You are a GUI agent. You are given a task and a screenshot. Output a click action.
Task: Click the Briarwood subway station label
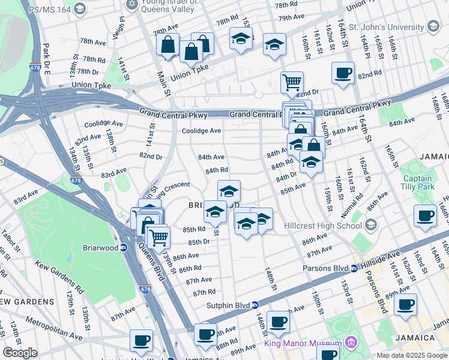(105, 247)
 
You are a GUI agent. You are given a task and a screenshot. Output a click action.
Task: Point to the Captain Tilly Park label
(417, 182)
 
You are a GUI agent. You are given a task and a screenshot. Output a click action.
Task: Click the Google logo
(20, 353)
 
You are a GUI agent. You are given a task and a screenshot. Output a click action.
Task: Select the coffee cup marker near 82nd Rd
(343, 73)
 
